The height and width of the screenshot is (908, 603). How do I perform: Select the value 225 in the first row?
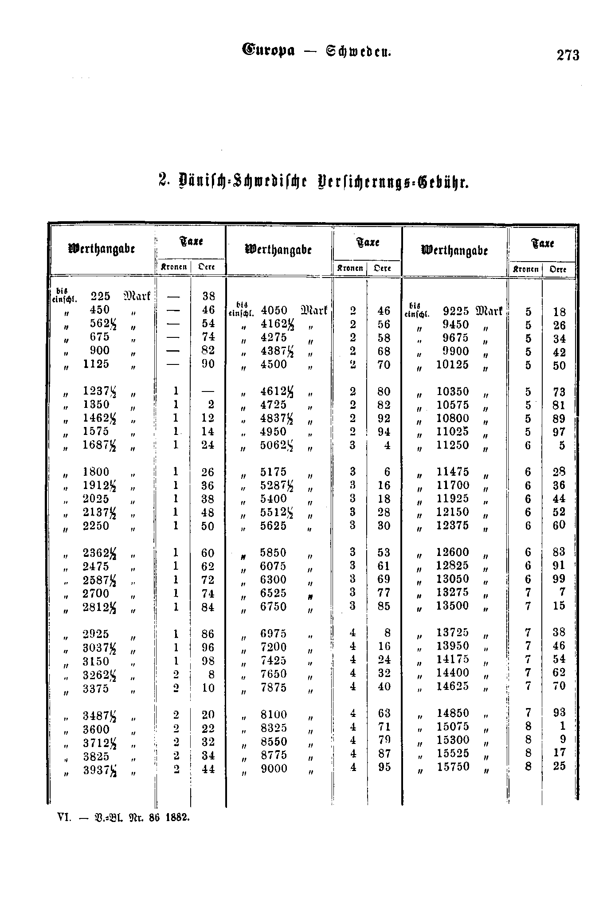(100, 296)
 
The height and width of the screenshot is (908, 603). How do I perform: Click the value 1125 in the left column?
(96, 364)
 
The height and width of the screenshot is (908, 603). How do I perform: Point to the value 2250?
(96, 526)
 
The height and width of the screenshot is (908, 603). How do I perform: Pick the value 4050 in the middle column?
(274, 310)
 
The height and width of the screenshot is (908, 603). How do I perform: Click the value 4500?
(274, 364)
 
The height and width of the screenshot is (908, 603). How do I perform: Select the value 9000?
(274, 768)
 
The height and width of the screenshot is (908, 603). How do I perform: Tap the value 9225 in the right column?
(456, 311)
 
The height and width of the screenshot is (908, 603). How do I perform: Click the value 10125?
(452, 365)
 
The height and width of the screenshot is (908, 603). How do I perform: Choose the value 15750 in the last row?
(453, 767)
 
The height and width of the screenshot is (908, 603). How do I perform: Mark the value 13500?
(452, 606)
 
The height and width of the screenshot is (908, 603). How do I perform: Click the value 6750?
(274, 607)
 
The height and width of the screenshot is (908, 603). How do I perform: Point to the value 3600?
(96, 728)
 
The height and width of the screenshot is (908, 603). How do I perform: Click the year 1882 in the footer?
(178, 817)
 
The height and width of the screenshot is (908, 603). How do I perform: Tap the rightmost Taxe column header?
(543, 243)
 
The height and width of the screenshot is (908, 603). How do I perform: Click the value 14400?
(453, 673)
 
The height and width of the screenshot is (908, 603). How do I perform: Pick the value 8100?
(274, 715)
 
